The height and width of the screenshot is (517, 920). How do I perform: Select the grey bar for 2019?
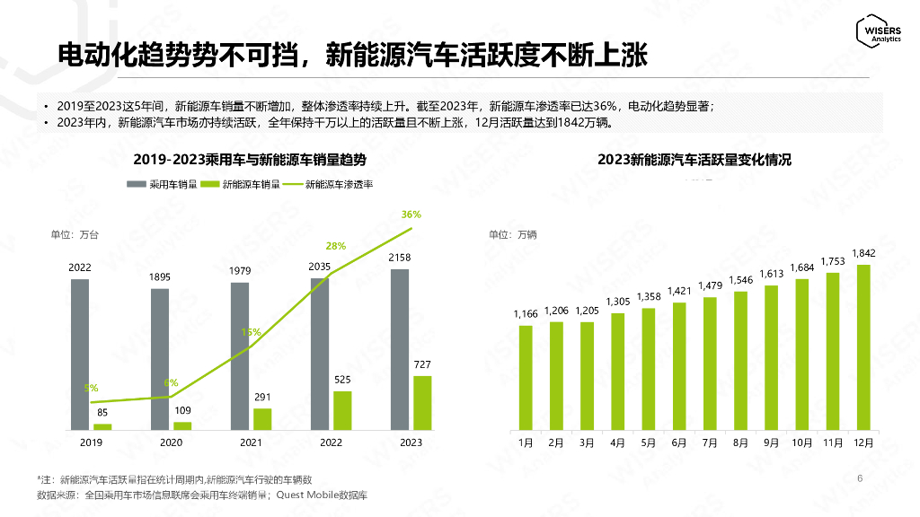80,354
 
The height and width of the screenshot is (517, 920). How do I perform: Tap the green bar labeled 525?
342,410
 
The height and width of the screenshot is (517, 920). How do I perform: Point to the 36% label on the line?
411,215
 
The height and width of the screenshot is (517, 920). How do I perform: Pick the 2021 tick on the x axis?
250,443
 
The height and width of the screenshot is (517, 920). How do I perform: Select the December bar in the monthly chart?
863,346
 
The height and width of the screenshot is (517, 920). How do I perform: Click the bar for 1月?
526,377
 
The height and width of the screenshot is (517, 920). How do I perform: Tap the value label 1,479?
709,285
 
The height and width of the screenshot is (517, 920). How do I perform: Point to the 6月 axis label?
678,443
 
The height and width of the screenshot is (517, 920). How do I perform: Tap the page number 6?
860,478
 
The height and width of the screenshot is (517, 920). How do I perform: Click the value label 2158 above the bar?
400,258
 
